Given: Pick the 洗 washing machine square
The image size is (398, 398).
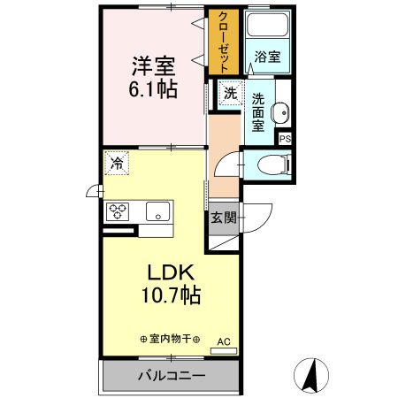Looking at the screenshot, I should click(x=230, y=92).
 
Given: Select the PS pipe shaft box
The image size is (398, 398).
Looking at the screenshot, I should click(x=285, y=139).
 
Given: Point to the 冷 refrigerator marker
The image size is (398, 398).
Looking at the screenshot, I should click(x=117, y=163).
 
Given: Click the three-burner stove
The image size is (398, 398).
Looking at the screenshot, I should click(x=118, y=211).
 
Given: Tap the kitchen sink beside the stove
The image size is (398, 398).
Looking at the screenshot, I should click(x=158, y=211).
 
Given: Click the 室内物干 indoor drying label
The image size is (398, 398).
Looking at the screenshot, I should click(x=170, y=339).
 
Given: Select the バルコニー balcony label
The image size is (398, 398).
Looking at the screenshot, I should click(x=171, y=376).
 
